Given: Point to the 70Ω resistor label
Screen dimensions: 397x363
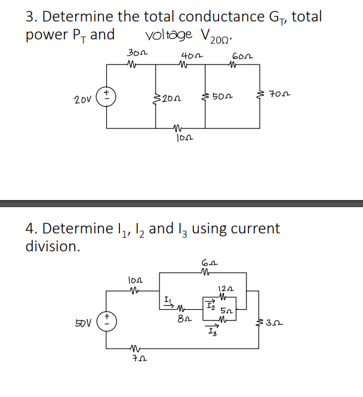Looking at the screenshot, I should [278, 94].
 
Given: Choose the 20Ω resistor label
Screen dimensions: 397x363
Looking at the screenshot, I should [171, 97].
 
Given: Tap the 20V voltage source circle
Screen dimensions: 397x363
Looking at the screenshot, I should [107, 96].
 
